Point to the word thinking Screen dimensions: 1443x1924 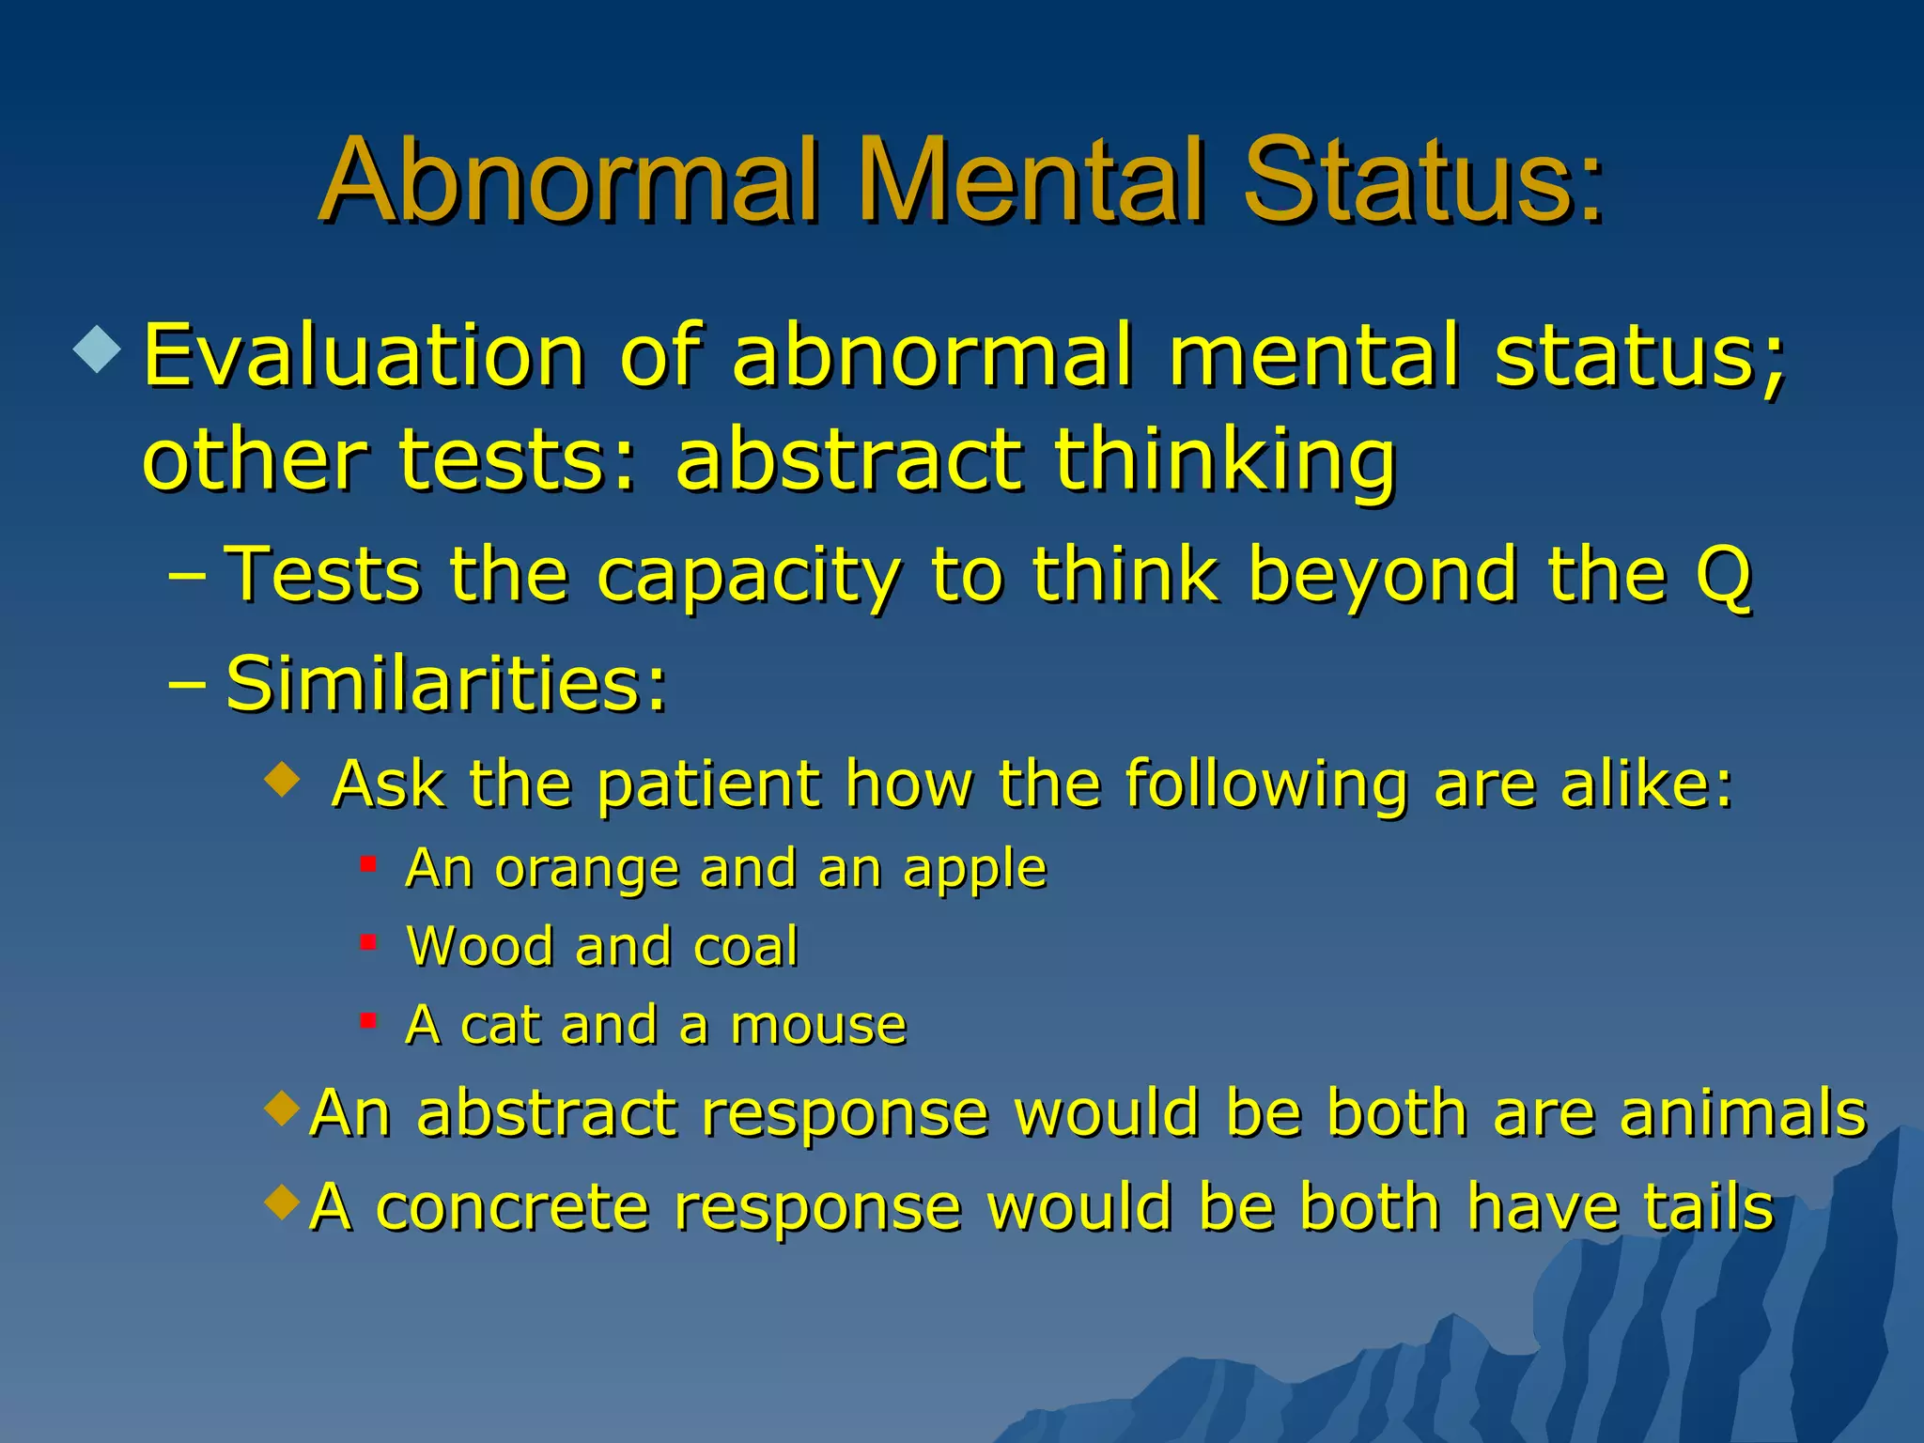[1225, 462]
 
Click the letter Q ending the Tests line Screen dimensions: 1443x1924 [1724, 575]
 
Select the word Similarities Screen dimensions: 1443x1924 [446, 684]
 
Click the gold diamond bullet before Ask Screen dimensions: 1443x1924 [282, 778]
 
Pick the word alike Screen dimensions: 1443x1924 [1646, 784]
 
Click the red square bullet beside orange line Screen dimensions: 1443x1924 [368, 863]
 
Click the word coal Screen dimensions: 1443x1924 [745, 947]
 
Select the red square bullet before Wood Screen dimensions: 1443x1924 [368, 941]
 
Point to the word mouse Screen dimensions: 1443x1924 [818, 1025]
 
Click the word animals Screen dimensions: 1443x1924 [1744, 1113]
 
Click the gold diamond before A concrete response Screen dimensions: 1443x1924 [282, 1201]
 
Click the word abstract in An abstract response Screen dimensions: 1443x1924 [547, 1113]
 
